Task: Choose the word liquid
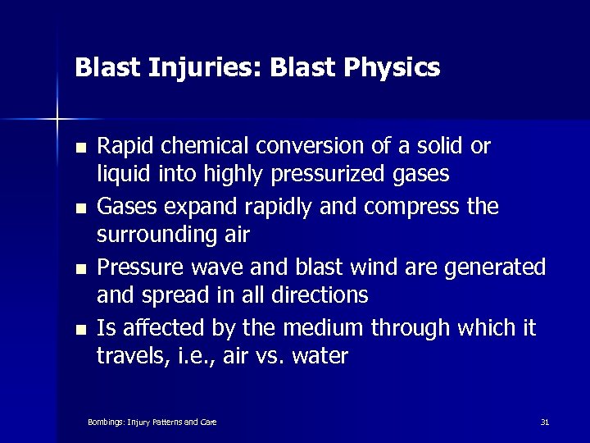click(x=118, y=175)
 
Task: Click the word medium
click(x=319, y=328)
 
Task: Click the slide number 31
click(x=545, y=422)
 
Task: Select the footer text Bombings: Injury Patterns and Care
click(x=152, y=422)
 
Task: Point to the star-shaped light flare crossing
click(x=58, y=120)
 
